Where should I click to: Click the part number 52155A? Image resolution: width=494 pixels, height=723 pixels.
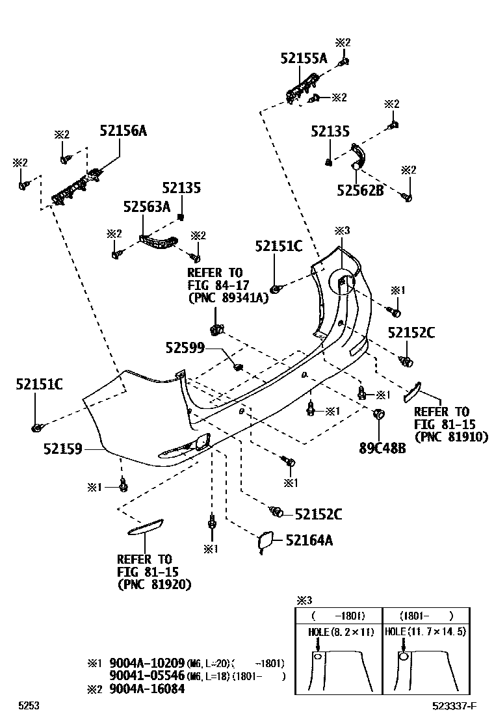304,58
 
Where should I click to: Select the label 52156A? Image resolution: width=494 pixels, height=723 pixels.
123,131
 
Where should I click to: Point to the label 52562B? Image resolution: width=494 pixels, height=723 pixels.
360,190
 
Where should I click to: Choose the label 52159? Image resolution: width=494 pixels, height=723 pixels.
63,448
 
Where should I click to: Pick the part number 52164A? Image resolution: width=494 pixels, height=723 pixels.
309,540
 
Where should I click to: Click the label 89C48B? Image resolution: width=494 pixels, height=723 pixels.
382,448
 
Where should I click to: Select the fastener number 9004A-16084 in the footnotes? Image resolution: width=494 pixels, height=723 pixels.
147,689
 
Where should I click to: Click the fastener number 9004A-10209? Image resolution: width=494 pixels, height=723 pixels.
147,663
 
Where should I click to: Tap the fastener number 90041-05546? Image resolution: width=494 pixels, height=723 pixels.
147,676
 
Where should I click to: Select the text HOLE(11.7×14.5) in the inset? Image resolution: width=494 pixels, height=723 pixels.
426,631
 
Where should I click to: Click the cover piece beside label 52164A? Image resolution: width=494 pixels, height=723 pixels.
265,542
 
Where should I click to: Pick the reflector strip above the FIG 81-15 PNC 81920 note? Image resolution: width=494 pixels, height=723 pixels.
145,527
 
